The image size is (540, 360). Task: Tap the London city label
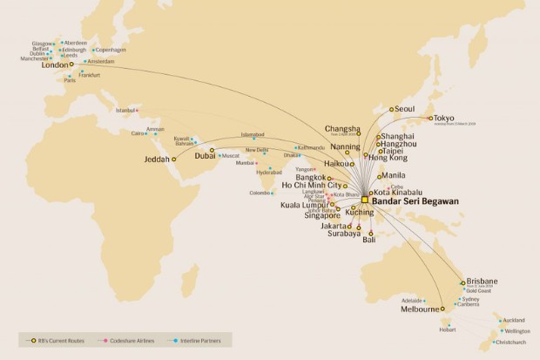[x=55, y=64]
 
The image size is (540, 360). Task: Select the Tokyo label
[x=446, y=119]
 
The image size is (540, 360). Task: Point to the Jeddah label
[x=157, y=160]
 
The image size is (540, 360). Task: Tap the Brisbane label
[x=483, y=282]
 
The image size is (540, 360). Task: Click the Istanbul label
[x=126, y=110]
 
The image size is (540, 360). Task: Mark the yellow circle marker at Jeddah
[x=174, y=160]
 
